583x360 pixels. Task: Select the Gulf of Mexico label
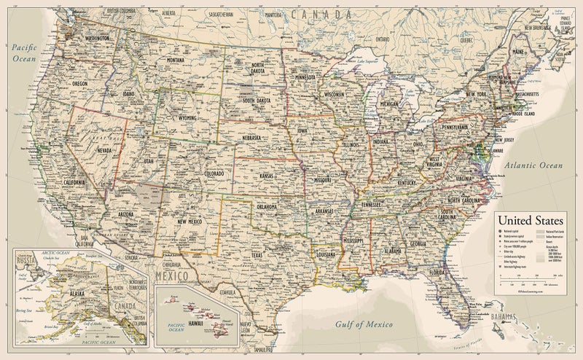[364, 323]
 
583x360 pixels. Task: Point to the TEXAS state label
[257, 256]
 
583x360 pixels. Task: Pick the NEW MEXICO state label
[191, 220]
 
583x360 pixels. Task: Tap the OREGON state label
[80, 85]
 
